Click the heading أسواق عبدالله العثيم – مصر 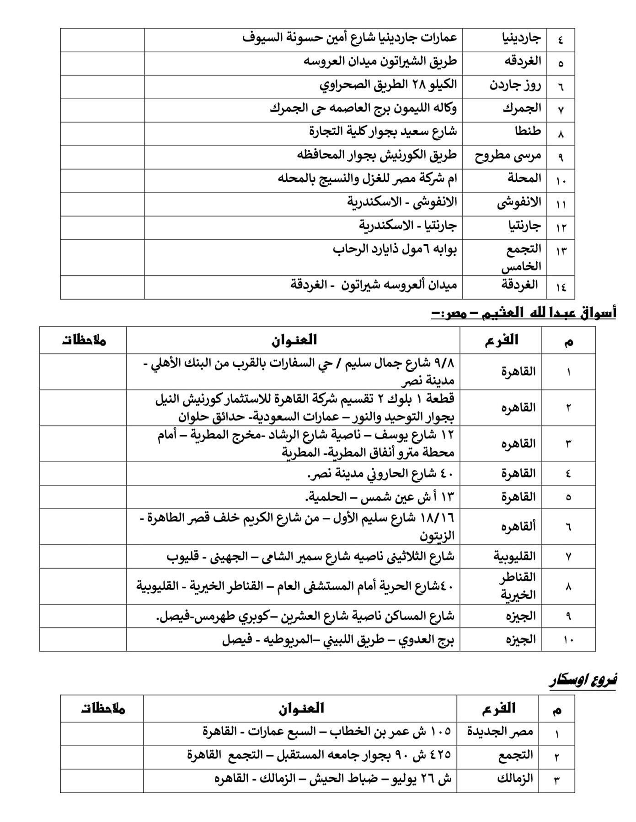point(524,313)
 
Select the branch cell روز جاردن point(515,85)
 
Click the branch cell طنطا point(528,132)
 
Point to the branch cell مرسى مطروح point(508,156)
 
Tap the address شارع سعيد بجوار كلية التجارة point(383,132)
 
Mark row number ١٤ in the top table point(561,287)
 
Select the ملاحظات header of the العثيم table point(84,340)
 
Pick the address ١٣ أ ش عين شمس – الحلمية point(380,496)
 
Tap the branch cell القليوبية point(514,556)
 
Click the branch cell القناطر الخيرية point(517,586)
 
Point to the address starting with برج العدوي point(338,639)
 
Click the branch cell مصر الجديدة point(500,732)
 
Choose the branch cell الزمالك point(515,779)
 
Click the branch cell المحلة point(524,179)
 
